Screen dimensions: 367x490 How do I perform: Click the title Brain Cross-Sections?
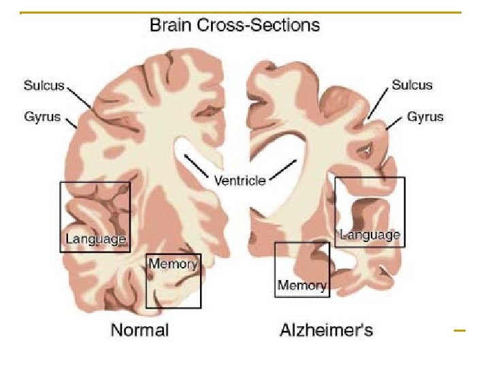235,26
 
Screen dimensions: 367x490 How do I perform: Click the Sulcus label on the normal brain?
44,85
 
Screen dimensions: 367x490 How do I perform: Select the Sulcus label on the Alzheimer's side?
412,85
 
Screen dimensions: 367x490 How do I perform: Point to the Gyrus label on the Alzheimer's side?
425,117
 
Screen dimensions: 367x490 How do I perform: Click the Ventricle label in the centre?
240,181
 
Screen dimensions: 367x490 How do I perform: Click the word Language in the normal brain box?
95,239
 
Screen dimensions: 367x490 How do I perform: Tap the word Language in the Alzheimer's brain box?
370,235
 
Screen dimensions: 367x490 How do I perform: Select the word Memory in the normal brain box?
173,263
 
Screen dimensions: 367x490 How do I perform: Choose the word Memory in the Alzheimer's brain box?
301,285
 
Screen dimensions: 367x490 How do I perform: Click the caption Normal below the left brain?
140,331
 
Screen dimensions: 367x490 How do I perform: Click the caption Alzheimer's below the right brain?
327,331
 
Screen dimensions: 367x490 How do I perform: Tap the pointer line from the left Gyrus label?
71,122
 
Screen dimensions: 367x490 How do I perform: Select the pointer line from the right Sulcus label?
378,105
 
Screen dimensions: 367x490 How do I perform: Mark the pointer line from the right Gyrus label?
394,124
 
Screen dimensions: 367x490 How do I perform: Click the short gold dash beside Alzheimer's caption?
459,331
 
